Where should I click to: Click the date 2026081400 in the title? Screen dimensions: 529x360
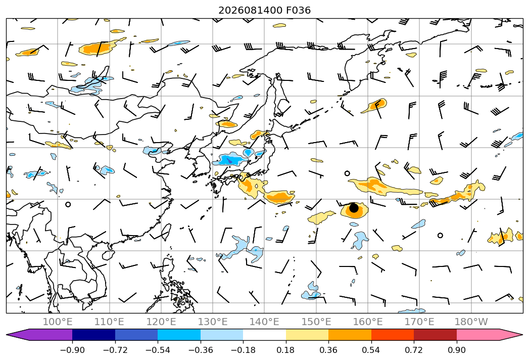(x=250, y=11)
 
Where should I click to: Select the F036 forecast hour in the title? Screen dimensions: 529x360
(x=299, y=11)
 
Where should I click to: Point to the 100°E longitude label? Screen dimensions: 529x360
(x=58, y=322)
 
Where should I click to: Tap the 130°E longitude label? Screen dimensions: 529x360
(x=213, y=322)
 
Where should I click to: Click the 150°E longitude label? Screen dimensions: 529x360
(x=316, y=322)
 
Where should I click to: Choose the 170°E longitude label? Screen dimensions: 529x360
(x=419, y=322)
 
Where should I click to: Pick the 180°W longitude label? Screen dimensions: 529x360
(x=471, y=322)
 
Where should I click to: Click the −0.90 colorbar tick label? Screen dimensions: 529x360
(x=72, y=350)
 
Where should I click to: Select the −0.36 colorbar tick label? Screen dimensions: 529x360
(x=201, y=350)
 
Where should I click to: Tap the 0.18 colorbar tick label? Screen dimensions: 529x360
(x=286, y=350)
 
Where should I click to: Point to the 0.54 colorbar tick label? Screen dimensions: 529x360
(x=371, y=350)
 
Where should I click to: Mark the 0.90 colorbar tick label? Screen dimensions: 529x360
(x=456, y=350)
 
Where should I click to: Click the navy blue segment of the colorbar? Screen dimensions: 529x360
(x=94, y=334)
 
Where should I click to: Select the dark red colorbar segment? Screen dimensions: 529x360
(x=435, y=334)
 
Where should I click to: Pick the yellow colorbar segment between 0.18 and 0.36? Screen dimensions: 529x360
(x=307, y=334)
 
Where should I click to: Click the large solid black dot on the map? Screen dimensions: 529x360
(x=354, y=208)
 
